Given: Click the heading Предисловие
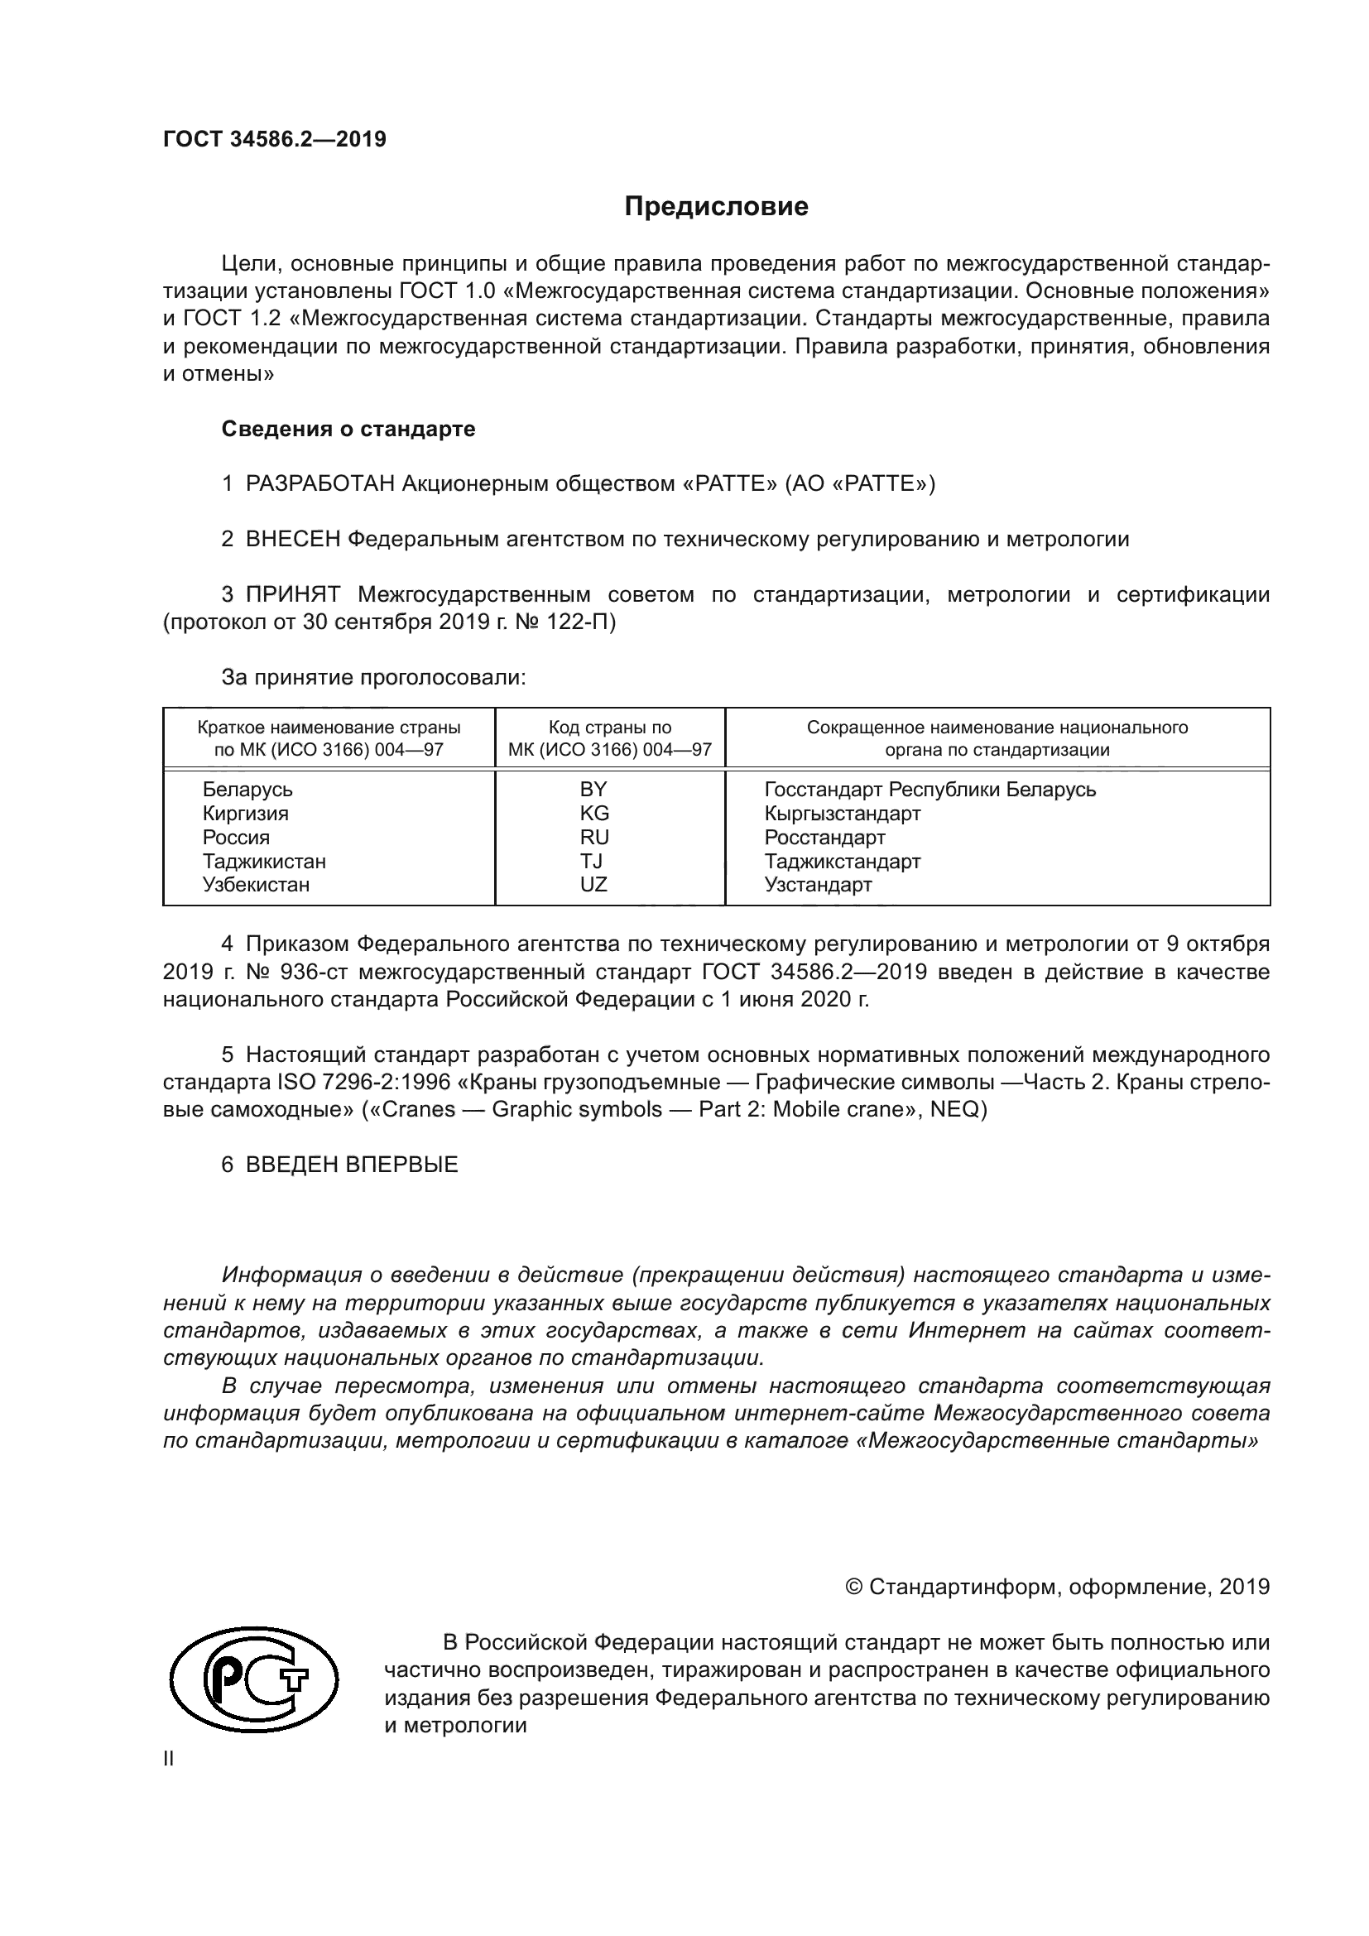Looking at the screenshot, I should tap(716, 208).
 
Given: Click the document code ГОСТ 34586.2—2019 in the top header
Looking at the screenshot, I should tap(275, 140).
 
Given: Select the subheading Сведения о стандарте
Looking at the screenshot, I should tap(348, 430).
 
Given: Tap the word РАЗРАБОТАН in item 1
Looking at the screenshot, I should tap(320, 484).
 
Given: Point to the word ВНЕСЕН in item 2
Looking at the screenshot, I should tap(292, 540).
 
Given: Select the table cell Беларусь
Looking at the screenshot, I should tap(247, 790).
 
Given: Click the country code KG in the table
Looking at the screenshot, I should tap(593, 814).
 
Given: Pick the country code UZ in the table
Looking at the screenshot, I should tap(593, 885).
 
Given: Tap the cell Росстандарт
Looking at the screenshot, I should tap(824, 838).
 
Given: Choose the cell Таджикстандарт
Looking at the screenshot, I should tap(842, 862).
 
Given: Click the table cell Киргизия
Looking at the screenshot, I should tap(245, 814).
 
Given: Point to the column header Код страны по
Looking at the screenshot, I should tap(609, 728).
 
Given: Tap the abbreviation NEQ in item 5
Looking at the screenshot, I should tap(953, 1110).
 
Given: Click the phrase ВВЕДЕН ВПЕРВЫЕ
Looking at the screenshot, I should tap(352, 1165).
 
